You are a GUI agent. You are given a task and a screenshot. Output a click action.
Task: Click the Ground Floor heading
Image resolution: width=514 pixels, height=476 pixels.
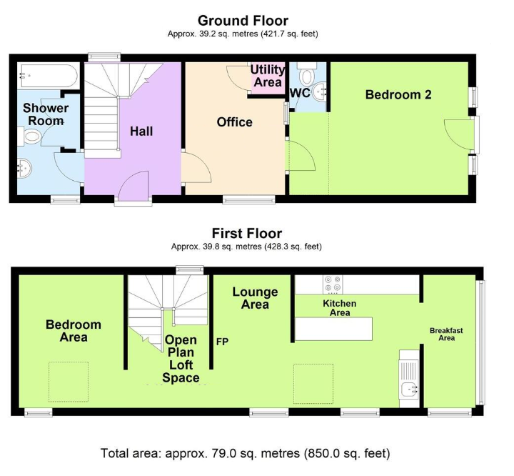pos(243,21)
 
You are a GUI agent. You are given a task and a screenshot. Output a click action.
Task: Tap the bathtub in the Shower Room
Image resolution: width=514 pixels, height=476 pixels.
pos(49,76)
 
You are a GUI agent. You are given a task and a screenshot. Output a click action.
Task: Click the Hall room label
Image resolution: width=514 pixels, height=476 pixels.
pos(141,132)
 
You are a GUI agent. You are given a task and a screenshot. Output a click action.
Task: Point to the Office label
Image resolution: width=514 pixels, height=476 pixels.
pos(234,122)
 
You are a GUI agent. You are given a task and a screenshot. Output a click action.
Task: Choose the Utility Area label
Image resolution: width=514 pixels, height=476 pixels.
pos(268,76)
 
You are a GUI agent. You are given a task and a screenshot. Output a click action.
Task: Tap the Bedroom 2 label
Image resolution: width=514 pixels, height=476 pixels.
pos(398,94)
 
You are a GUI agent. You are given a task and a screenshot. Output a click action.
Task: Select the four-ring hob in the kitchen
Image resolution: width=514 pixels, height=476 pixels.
pos(333,284)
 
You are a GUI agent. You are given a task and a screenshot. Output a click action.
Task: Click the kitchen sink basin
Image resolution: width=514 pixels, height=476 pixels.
pos(409,390)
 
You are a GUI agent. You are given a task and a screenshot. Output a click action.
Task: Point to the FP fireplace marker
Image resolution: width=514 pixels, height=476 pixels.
pos(222,342)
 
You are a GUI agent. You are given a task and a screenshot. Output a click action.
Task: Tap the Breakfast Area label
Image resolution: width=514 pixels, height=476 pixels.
pos(446,334)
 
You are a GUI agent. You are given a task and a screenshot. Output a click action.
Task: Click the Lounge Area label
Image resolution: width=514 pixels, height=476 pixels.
pos(255,298)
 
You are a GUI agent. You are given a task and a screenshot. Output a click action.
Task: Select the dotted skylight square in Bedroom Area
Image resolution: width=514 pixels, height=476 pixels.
pos(69,382)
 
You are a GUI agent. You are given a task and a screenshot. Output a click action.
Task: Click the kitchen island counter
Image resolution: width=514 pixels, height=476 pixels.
pos(333,329)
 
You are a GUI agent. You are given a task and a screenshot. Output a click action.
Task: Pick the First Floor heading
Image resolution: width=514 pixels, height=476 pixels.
pos(247,234)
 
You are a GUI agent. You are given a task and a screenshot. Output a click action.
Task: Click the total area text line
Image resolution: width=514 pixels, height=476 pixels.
pos(245,453)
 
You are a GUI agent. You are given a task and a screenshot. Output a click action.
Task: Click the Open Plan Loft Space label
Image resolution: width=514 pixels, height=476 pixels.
pos(181,359)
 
